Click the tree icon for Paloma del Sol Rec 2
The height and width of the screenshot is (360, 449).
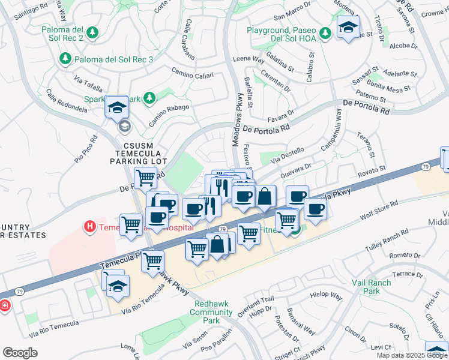tap(92, 31)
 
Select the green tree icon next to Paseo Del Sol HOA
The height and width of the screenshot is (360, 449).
tap(325, 32)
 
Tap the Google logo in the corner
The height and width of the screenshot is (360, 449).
tap(20, 353)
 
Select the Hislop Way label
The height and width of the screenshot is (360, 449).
tap(326, 296)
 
